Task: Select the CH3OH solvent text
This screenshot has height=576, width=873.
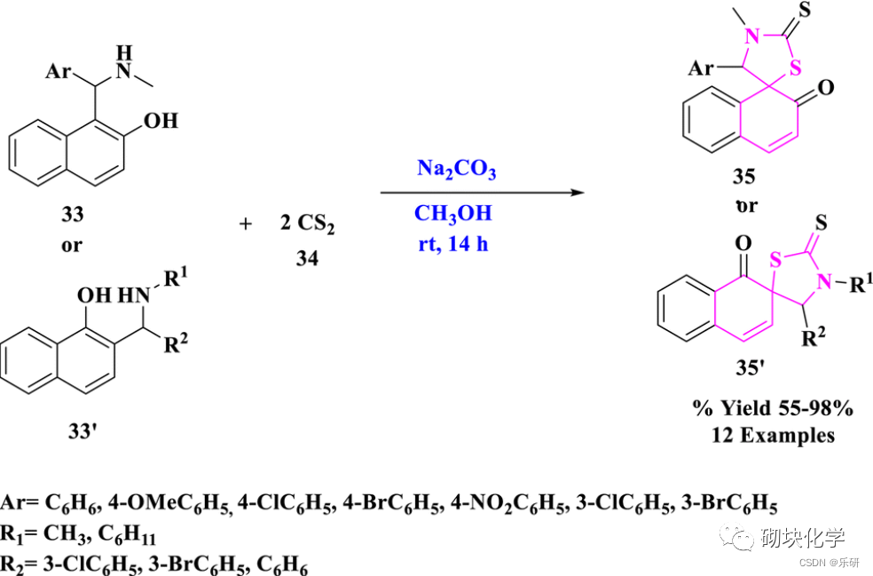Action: pyautogui.click(x=452, y=214)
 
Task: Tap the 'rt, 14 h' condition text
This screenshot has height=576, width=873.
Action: pyautogui.click(x=452, y=244)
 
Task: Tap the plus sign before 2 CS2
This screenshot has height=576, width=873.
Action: pyautogui.click(x=246, y=224)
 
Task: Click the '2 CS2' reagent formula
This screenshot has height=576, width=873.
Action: pyautogui.click(x=306, y=224)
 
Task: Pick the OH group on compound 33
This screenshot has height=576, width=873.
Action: pyautogui.click(x=161, y=120)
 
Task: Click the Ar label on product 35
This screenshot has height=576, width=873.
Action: pyautogui.click(x=702, y=67)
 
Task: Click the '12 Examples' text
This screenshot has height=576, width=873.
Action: pyautogui.click(x=773, y=435)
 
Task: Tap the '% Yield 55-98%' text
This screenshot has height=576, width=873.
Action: pyautogui.click(x=773, y=409)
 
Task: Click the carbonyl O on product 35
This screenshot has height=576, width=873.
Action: pyautogui.click(x=826, y=87)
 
